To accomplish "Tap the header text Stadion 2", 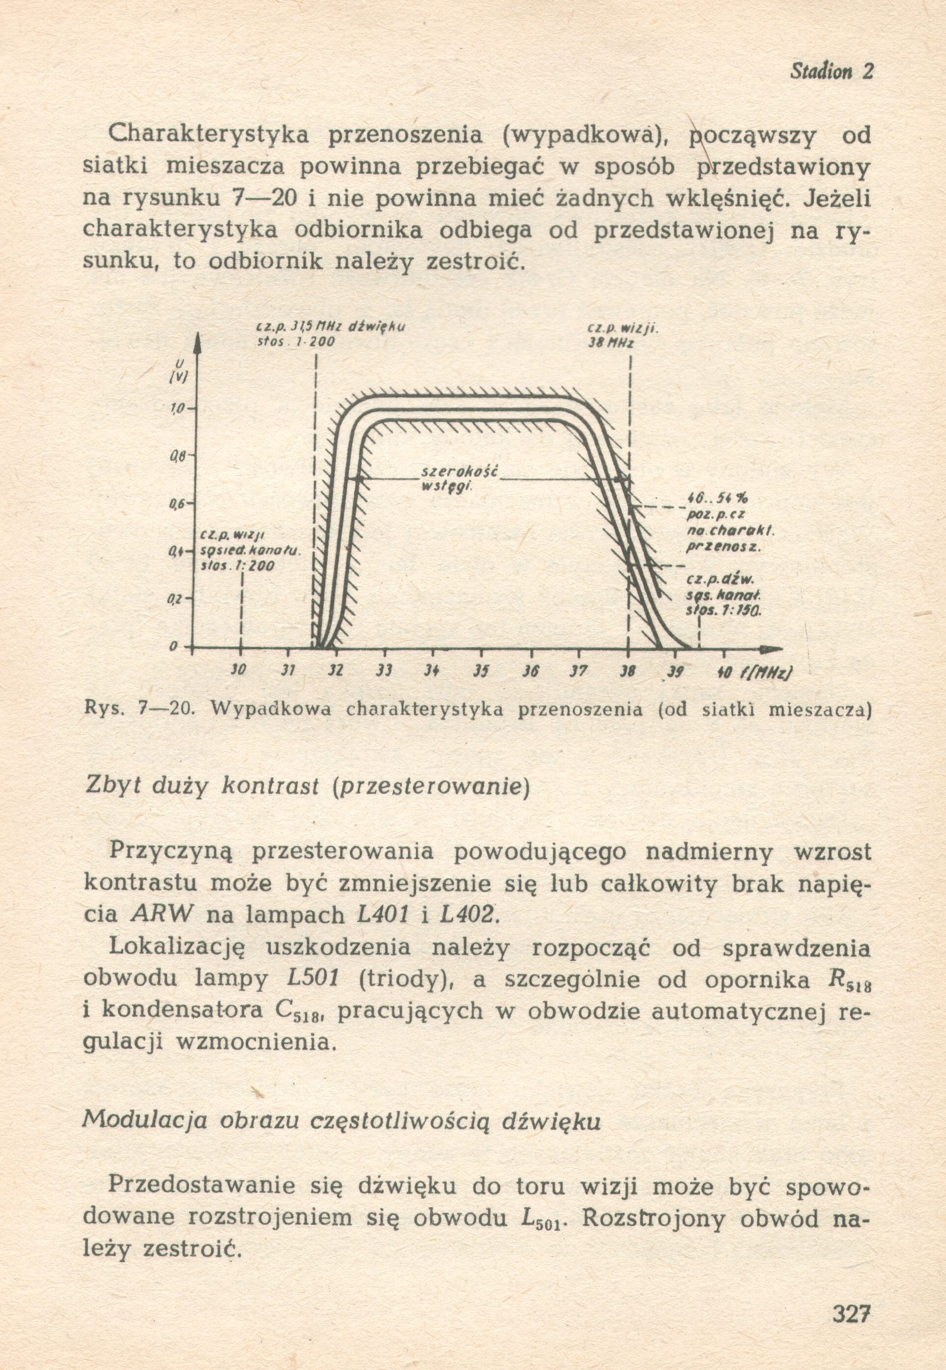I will [832, 71].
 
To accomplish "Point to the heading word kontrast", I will [270, 787].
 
